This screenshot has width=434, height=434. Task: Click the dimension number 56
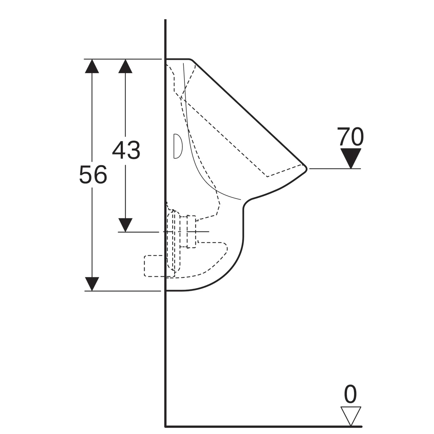point(93,175)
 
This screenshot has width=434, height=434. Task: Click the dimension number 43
point(126,150)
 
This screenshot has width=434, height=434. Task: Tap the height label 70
point(350,137)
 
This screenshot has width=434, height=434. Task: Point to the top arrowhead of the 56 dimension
point(92,66)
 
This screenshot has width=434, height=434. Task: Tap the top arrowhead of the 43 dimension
point(125,66)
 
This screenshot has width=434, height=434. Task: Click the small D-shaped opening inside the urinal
point(177,146)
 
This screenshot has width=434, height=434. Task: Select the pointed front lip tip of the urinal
point(306,168)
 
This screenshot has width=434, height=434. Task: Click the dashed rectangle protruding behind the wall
point(155,266)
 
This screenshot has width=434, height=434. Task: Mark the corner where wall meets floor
point(165,426)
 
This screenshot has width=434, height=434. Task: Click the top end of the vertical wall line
point(165,20)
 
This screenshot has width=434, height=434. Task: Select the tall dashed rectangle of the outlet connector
point(191,231)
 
